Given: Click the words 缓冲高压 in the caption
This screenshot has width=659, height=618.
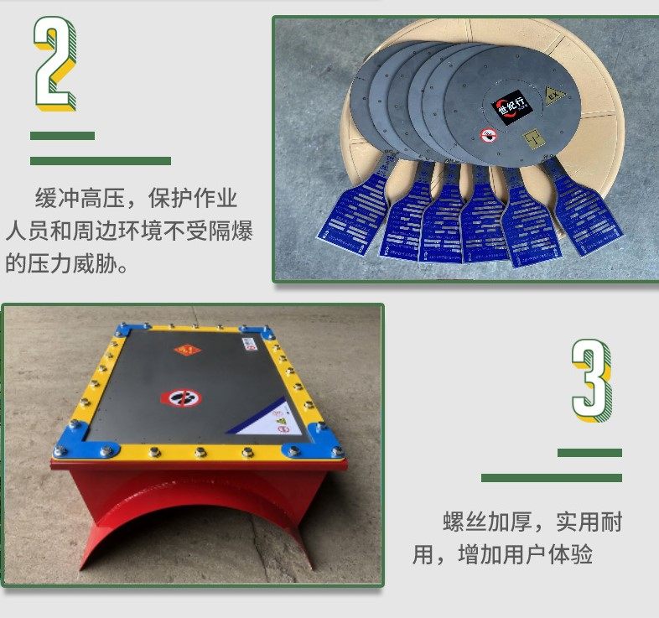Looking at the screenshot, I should [80, 200].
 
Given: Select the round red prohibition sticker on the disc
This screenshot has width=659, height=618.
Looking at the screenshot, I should [488, 134].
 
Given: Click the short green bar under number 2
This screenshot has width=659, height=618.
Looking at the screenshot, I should [62, 136].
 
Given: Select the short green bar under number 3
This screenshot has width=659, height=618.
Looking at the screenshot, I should [589, 453].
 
